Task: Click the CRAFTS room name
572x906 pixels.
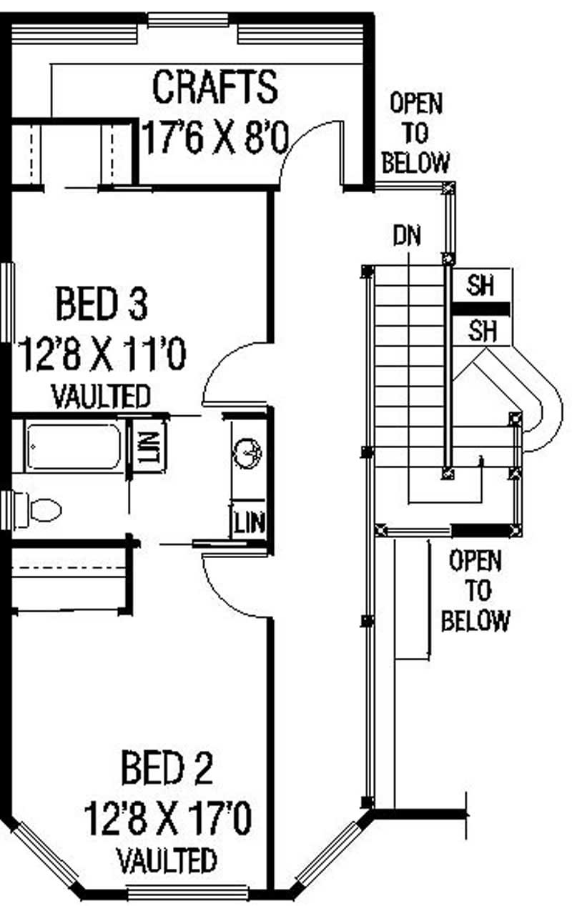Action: pos(214,86)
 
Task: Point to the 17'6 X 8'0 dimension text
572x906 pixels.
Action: pos(214,136)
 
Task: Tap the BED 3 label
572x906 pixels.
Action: pos(102,302)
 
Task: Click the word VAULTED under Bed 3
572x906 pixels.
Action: pos(101,395)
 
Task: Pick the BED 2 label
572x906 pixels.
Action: pos(167,769)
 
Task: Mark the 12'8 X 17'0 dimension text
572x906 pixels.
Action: pos(167,819)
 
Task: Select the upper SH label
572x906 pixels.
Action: pos(480,287)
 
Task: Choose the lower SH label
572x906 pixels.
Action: pos(480,330)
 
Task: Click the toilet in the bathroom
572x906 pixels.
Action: pos(39,509)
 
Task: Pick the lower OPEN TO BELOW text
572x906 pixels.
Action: pos(475,591)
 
